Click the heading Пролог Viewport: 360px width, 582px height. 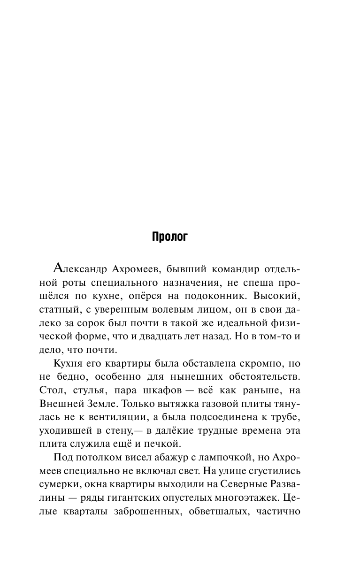[x=169, y=237]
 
